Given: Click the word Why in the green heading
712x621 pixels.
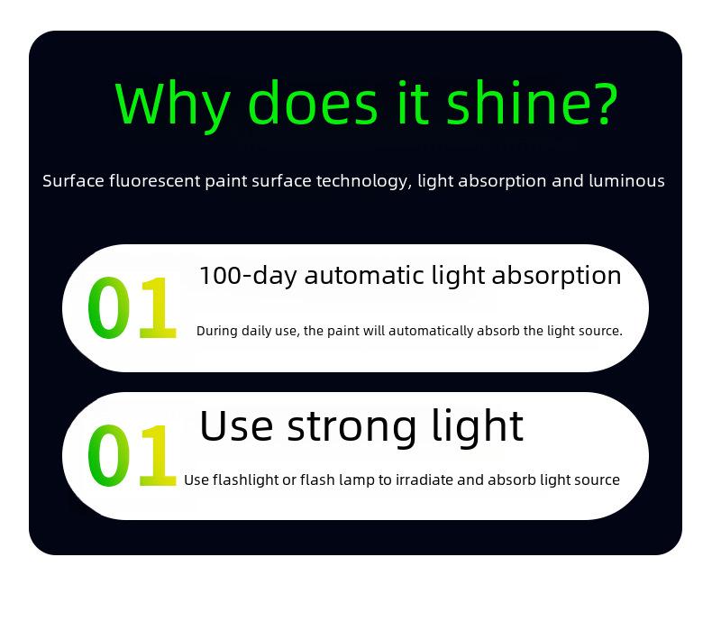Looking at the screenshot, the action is [x=172, y=105].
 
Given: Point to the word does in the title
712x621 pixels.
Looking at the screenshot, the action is [x=314, y=102].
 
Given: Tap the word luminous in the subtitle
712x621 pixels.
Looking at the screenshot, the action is [x=626, y=180].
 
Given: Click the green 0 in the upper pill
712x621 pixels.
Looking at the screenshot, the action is [x=108, y=307].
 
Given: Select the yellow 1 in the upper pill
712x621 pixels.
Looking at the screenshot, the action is [x=158, y=307].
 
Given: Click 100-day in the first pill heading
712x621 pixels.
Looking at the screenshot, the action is [x=249, y=276].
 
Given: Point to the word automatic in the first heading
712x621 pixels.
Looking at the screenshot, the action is [x=365, y=276].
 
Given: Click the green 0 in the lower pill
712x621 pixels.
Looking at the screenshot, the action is [x=108, y=455].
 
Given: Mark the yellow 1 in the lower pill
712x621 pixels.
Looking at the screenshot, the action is [x=158, y=455].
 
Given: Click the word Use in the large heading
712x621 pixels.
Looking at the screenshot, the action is [x=236, y=425].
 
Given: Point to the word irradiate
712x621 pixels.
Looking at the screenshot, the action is [x=424, y=479].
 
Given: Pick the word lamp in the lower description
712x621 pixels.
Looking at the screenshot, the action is [x=357, y=480].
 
